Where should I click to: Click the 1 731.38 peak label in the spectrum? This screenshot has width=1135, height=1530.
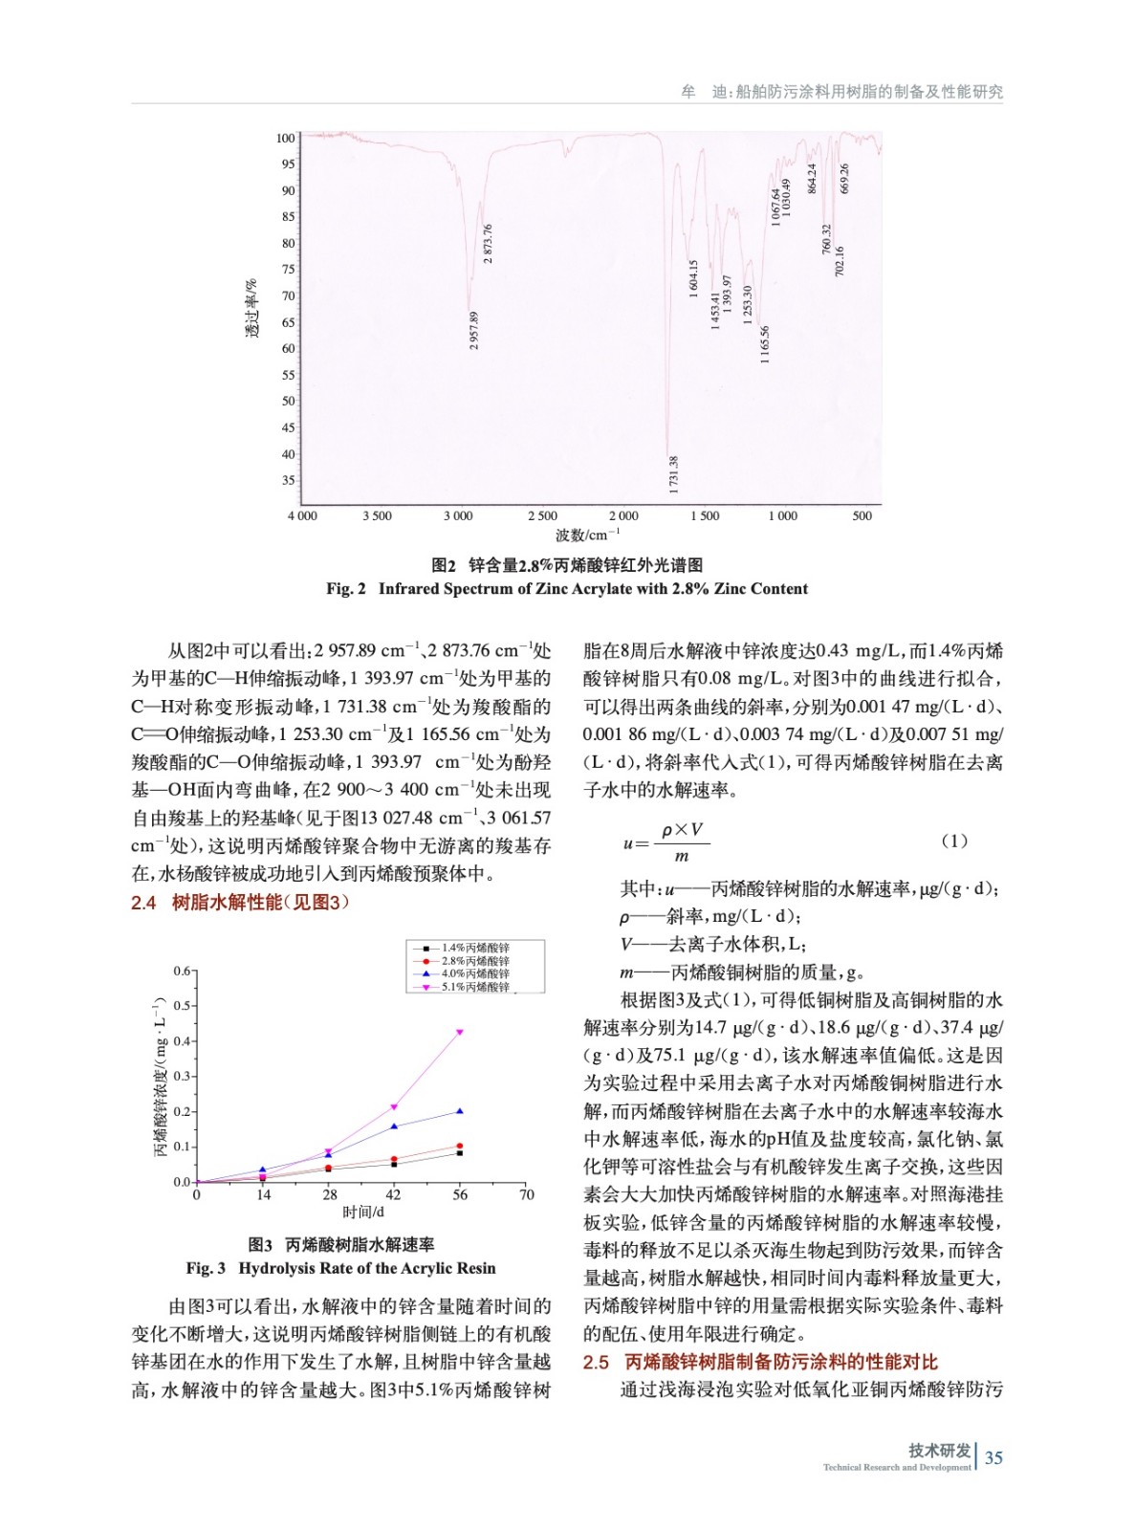pyautogui.click(x=674, y=475)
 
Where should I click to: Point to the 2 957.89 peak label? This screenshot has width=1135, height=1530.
pyautogui.click(x=474, y=331)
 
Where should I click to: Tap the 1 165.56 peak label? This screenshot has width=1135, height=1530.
pyautogui.click(x=765, y=345)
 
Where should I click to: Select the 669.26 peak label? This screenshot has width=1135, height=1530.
pyautogui.click(x=844, y=179)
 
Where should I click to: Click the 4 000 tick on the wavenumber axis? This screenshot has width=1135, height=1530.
pyautogui.click(x=302, y=516)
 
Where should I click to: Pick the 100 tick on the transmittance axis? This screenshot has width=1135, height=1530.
pyautogui.click(x=286, y=139)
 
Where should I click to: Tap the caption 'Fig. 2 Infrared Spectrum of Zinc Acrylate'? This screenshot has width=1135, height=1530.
pyautogui.click(x=567, y=589)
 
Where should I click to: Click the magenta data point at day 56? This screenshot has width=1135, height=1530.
pyautogui.click(x=460, y=1032)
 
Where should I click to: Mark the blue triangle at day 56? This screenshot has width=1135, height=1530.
pyautogui.click(x=460, y=1111)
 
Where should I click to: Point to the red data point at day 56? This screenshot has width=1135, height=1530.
pyautogui.click(x=460, y=1146)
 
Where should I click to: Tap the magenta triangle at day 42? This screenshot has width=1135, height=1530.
pyautogui.click(x=394, y=1107)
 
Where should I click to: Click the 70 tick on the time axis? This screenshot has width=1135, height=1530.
pyautogui.click(x=526, y=1195)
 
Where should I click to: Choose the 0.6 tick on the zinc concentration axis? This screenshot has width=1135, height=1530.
pyautogui.click(x=182, y=972)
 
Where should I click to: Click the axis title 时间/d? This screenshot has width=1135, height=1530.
pyautogui.click(x=362, y=1213)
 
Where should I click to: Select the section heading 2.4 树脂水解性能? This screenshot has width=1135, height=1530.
pyautogui.click(x=240, y=903)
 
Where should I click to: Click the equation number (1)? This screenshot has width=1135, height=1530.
pyautogui.click(x=953, y=841)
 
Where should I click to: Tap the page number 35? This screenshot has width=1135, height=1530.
pyautogui.click(x=993, y=1458)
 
